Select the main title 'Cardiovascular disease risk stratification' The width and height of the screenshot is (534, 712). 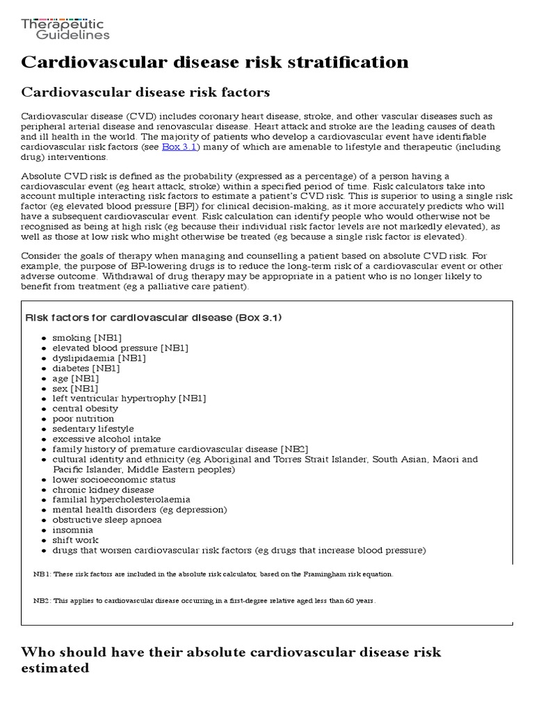coord(215,63)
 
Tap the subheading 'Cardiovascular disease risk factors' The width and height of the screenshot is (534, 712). coord(146,93)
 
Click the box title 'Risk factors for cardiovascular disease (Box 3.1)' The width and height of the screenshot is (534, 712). coord(153,318)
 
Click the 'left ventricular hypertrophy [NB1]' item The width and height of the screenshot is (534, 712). coord(129,398)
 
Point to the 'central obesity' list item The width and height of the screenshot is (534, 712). coord(85,409)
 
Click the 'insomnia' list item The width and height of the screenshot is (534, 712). coord(72,530)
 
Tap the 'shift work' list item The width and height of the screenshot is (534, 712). coord(75,540)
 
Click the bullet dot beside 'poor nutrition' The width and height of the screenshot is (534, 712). coord(44,419)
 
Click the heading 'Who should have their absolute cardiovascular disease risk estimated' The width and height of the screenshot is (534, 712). coord(231,660)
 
